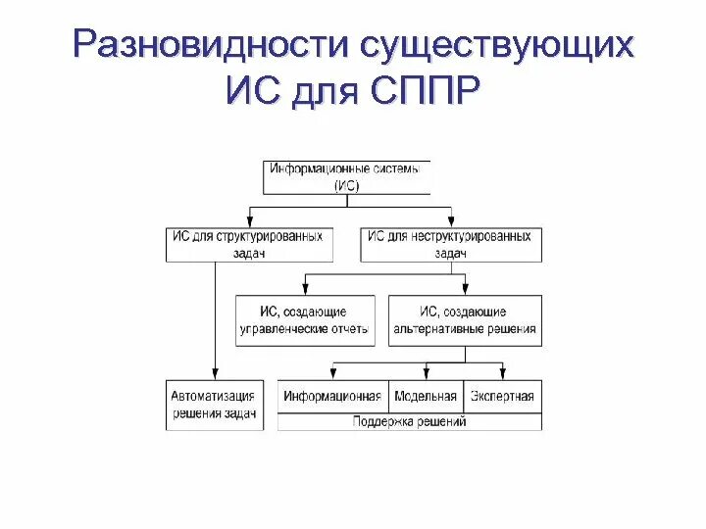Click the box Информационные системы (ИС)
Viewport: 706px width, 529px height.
347,177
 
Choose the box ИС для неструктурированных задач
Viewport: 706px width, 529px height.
450,245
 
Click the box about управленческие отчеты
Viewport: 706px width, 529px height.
306,320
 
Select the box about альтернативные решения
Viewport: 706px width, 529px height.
465,320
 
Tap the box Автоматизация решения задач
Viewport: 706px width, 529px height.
213,405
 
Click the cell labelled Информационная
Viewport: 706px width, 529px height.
332,397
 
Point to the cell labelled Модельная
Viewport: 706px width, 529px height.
426,397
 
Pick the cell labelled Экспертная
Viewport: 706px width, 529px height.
501,397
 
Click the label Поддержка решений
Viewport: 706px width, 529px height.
409,422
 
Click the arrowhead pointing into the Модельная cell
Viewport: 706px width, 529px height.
427,373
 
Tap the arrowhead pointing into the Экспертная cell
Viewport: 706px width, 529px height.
502,373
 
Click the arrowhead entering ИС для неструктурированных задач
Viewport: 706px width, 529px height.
451,221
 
